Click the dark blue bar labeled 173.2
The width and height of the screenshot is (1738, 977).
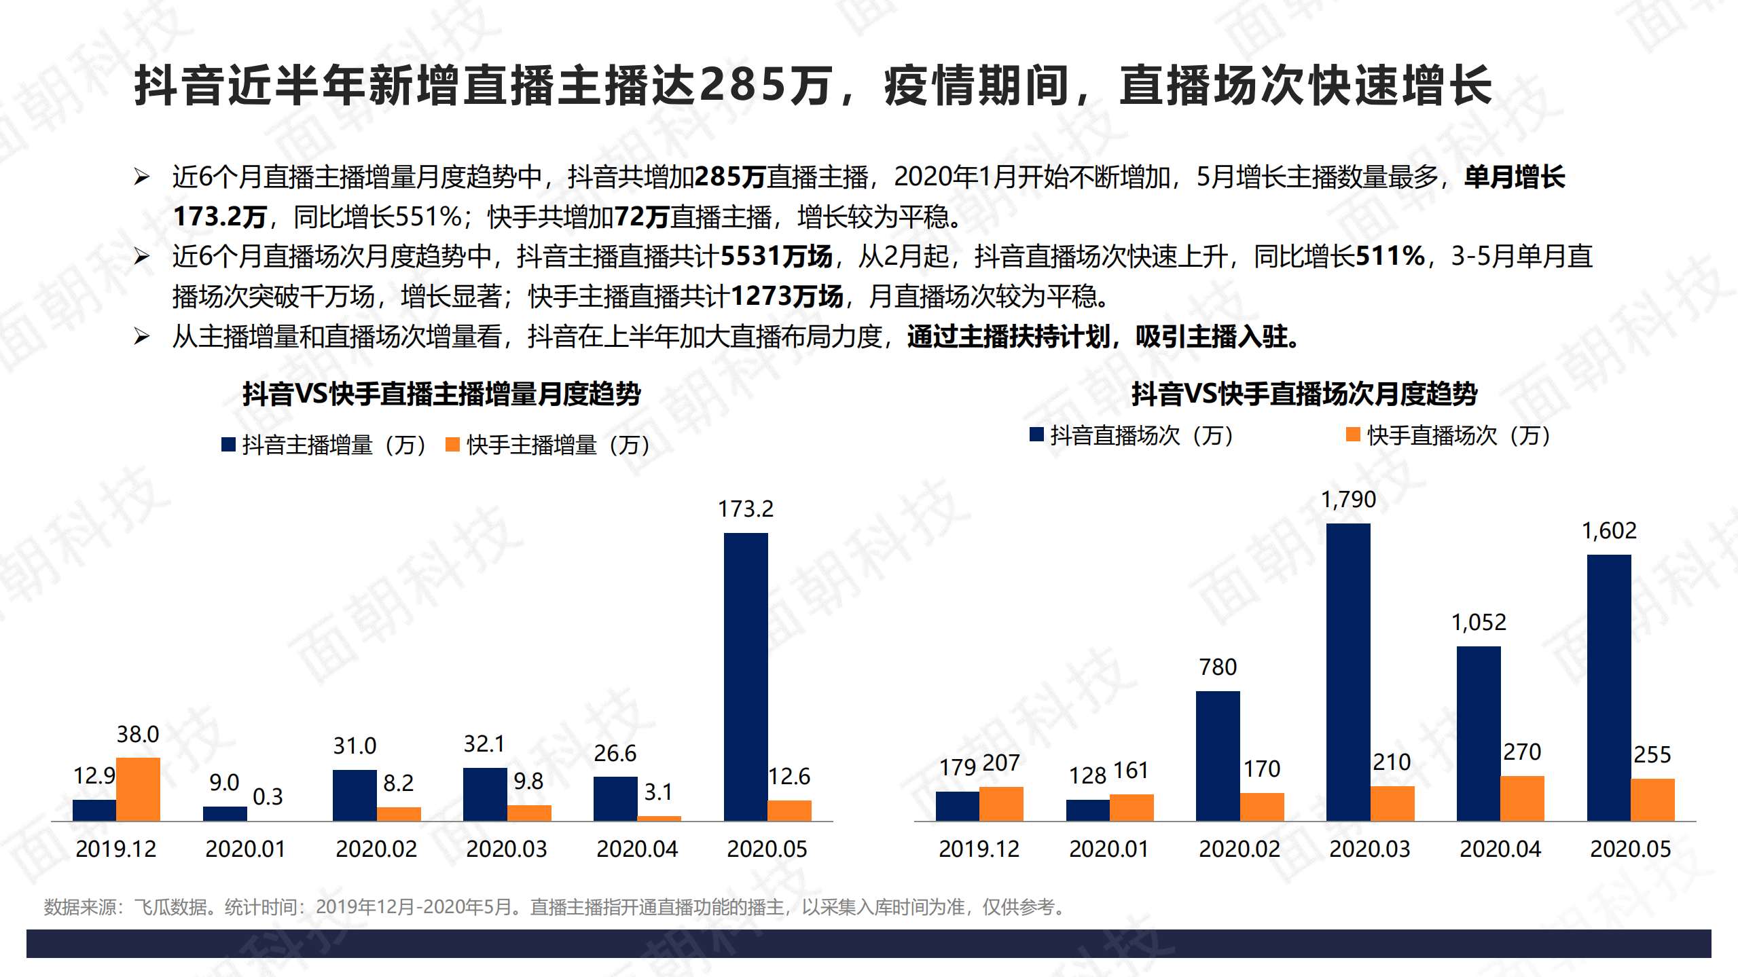[x=745, y=676]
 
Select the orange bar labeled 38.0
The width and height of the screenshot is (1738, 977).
[x=138, y=789]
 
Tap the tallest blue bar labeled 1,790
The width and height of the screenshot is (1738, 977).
[x=1347, y=672]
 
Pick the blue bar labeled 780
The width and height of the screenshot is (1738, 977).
[x=1217, y=756]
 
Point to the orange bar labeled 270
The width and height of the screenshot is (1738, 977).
[x=1521, y=798]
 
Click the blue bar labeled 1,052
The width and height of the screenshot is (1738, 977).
[x=1478, y=733]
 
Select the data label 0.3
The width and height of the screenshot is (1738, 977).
[x=268, y=796]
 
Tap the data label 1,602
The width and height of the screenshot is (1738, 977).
[x=1609, y=530]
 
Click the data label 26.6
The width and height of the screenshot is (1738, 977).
[x=615, y=753]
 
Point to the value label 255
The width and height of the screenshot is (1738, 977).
[x=1652, y=754]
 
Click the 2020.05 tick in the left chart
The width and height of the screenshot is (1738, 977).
[x=767, y=849]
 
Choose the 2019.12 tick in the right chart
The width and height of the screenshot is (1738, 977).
[x=979, y=849]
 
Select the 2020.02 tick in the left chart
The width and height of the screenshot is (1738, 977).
[x=376, y=849]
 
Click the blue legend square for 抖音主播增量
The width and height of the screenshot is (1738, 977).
[x=228, y=445]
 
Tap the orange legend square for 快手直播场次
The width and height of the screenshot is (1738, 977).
[x=1353, y=435]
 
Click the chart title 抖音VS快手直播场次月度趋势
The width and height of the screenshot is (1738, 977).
[x=1304, y=394]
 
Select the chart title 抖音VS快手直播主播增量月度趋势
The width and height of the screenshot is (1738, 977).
[x=441, y=394]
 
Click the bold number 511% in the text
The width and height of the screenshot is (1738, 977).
[x=1390, y=257]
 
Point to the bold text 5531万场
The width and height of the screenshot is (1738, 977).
[x=776, y=257]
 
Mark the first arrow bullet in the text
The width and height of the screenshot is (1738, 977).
[x=141, y=177]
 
